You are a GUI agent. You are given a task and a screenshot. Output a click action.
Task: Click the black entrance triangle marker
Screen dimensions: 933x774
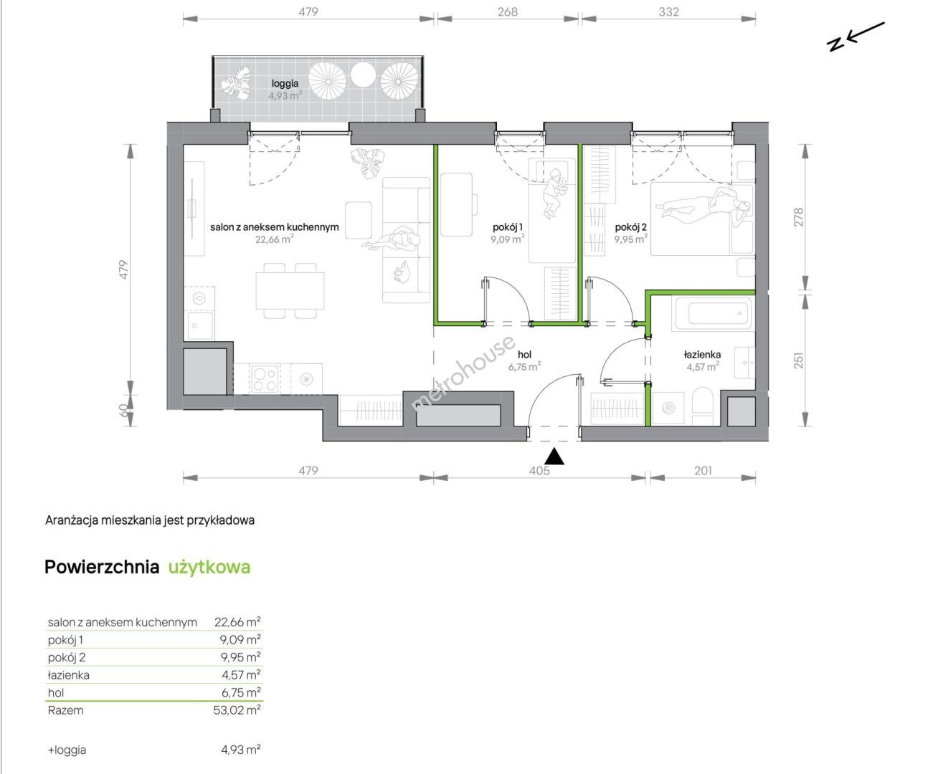[554, 457]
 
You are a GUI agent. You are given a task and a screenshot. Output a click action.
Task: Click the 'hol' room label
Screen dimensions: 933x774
[524, 355]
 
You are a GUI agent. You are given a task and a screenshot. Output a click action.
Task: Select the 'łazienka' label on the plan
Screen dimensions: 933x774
[702, 355]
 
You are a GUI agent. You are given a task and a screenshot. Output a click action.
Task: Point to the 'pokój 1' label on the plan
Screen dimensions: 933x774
[508, 227]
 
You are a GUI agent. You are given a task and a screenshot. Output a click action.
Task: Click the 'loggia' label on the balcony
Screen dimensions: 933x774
[285, 84]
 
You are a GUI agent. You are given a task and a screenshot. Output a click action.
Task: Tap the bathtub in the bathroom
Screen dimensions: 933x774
[713, 313]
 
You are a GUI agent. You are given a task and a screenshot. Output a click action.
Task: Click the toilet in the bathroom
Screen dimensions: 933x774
[702, 406]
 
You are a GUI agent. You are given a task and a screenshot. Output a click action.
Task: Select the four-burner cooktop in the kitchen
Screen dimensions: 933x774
[264, 378]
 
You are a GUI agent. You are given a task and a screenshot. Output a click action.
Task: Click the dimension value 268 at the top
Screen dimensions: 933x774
[508, 11]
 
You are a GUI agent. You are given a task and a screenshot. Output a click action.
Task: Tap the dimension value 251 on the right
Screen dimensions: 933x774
[798, 360]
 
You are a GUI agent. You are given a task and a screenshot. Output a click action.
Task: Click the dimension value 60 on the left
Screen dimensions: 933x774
[124, 410]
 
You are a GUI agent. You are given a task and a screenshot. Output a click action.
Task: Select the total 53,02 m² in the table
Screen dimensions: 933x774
[237, 710]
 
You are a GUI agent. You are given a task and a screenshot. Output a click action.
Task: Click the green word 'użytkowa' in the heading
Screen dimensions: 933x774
[209, 567]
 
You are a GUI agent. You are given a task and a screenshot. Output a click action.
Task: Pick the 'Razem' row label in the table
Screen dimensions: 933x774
[65, 710]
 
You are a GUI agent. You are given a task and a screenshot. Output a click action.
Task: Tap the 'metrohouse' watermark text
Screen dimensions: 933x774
[463, 373]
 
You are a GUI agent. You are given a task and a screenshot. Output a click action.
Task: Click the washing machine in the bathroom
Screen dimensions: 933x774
[668, 408]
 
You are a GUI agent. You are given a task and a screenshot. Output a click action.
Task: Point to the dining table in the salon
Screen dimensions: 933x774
[290, 290]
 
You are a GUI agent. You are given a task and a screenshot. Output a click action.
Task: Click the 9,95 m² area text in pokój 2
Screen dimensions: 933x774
[630, 239]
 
